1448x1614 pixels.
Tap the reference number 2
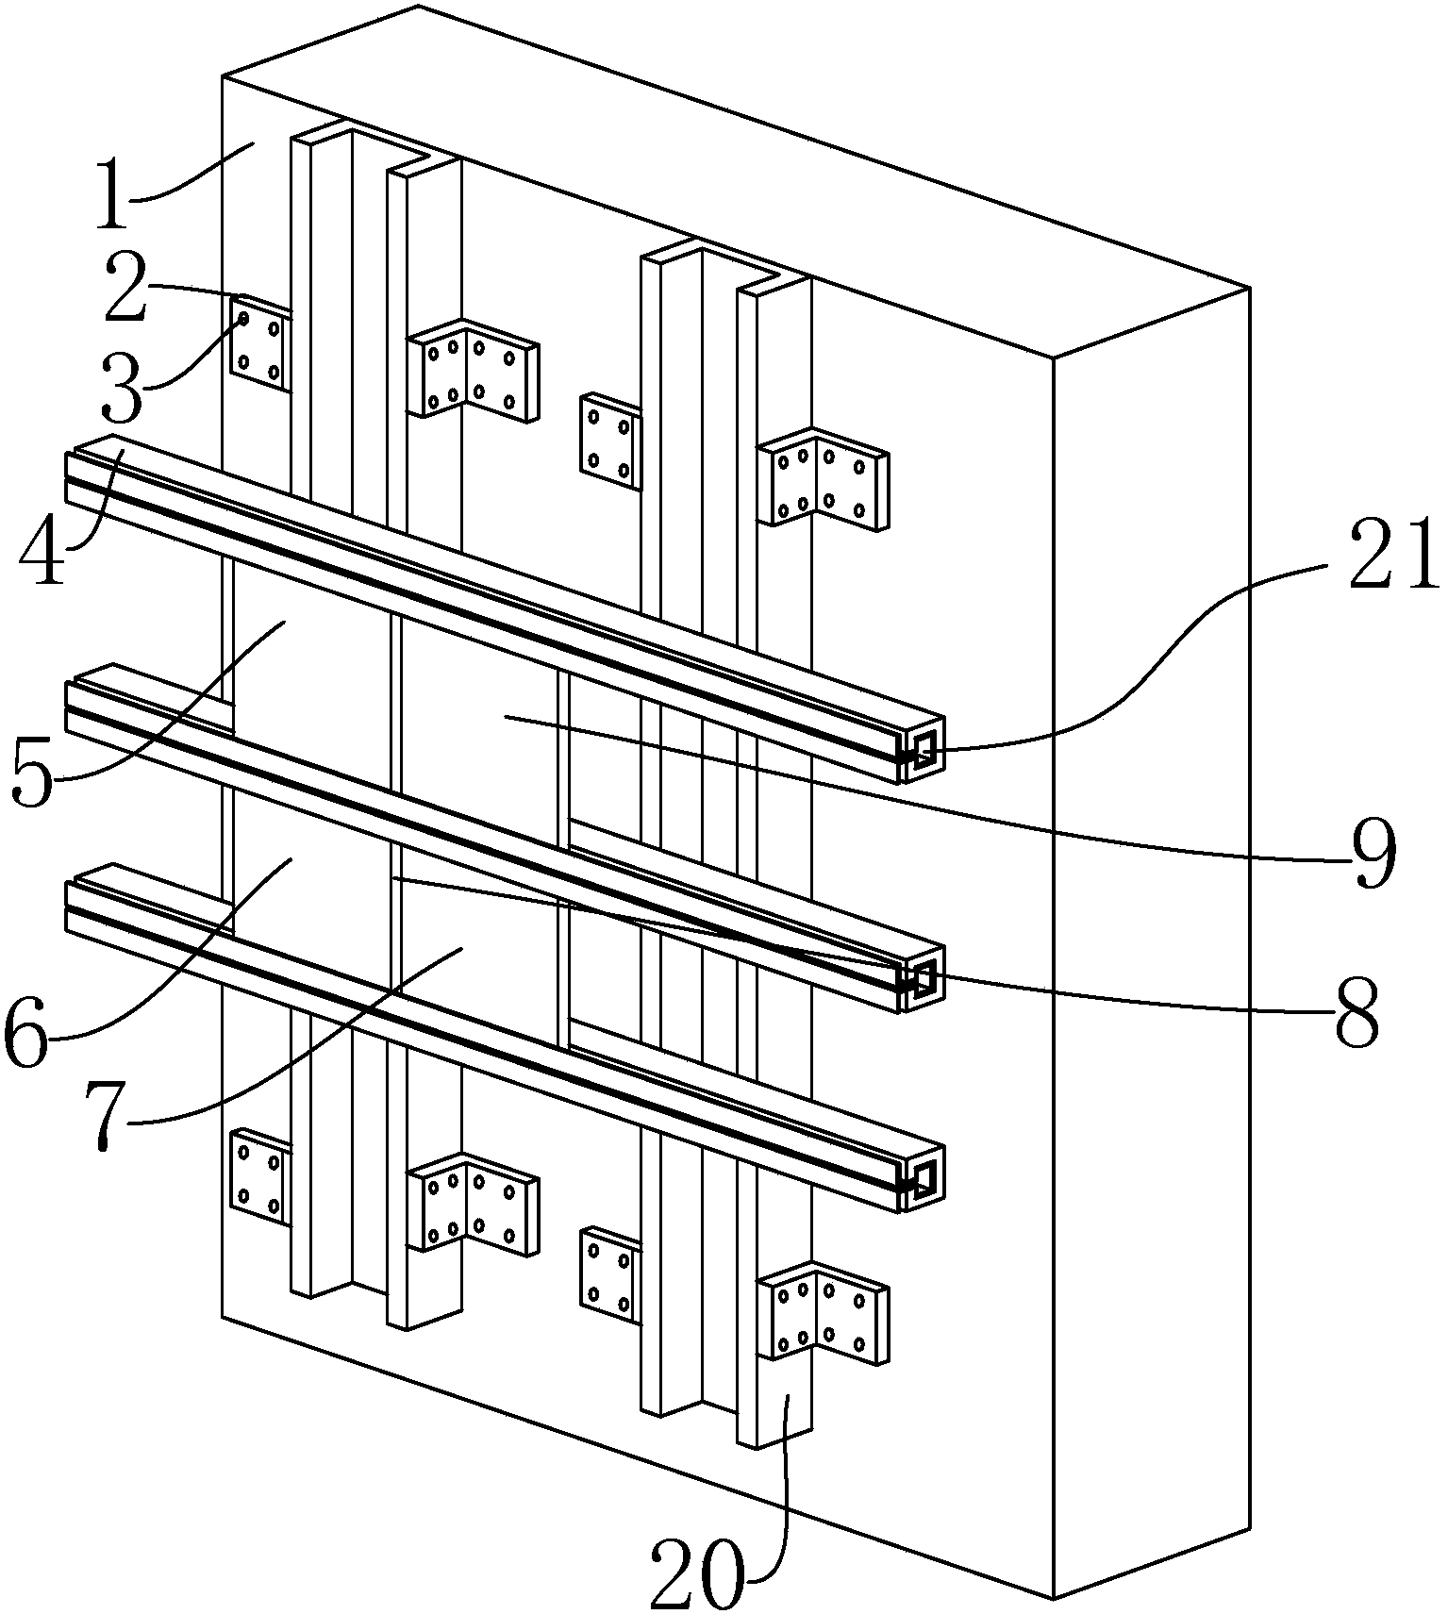click(125, 287)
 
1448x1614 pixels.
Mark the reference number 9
click(1373, 856)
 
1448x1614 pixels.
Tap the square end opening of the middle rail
click(924, 978)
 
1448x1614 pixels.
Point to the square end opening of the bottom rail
click(924, 1177)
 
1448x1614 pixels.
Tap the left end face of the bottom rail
click(71, 907)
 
